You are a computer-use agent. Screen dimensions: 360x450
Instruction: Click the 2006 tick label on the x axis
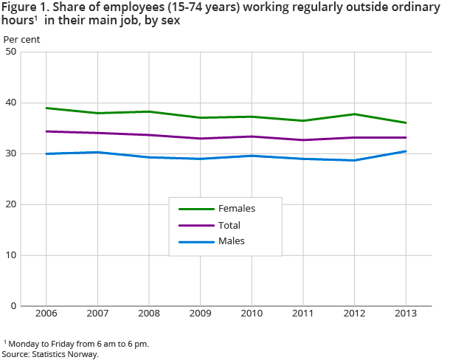(46, 314)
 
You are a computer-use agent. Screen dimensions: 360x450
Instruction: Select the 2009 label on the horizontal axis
(200, 314)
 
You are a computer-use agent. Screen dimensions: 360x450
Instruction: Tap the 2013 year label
(406, 314)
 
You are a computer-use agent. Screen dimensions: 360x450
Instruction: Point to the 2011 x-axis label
(303, 314)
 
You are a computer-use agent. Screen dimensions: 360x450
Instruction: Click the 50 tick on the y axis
(11, 52)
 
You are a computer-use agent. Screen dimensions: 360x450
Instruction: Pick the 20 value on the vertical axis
(11, 204)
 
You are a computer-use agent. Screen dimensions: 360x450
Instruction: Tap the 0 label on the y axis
(14, 305)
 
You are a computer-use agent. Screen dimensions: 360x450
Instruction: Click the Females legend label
(236, 209)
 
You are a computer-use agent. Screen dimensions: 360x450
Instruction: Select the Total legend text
(229, 225)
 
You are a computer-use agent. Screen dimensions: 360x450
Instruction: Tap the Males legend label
(231, 240)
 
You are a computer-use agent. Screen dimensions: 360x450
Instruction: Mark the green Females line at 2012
(354, 114)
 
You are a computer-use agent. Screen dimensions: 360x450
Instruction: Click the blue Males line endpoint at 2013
(406, 151)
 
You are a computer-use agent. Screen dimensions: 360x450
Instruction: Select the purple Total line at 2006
(46, 131)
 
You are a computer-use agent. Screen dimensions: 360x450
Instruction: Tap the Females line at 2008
(148, 111)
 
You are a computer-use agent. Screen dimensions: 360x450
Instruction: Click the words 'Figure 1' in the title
(27, 8)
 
